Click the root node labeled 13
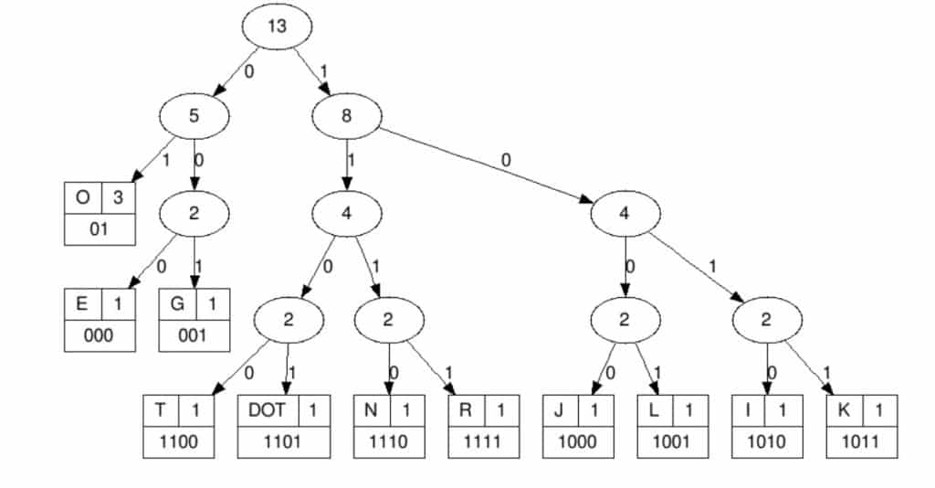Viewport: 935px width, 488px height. [277, 27]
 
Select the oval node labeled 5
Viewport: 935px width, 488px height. [194, 116]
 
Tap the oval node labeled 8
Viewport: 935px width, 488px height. [347, 116]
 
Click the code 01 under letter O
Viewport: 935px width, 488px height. [99, 229]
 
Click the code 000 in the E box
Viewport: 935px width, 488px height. [99, 335]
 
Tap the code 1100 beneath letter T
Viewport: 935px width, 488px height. [179, 442]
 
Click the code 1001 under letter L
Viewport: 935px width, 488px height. [672, 442]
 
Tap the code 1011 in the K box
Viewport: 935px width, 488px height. [861, 442]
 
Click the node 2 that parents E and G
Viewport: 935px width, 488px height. [194, 214]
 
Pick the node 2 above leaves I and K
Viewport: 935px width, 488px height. [767, 319]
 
